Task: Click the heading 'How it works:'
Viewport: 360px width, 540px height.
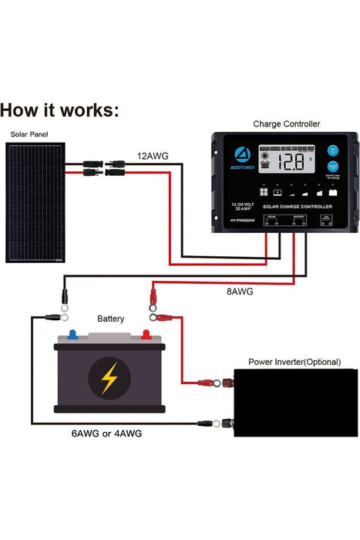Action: (60, 110)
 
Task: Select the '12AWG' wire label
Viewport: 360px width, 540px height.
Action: (153, 156)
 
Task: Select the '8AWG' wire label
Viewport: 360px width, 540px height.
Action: (239, 292)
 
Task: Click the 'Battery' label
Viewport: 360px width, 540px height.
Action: (110, 318)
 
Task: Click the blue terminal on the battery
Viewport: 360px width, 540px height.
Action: (72, 335)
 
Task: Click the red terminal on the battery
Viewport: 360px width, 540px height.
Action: (145, 335)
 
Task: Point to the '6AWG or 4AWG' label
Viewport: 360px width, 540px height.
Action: (106, 434)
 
